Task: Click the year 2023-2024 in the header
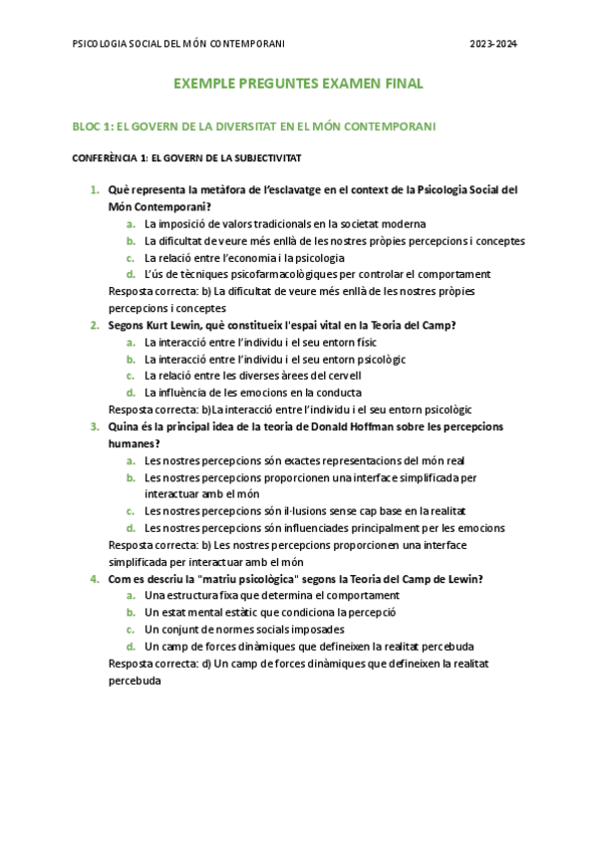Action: pos(493,44)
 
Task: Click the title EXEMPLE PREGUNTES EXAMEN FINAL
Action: pos(298,84)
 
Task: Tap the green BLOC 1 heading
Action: pos(253,127)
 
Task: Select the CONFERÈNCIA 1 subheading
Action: pos(187,157)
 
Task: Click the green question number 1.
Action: pos(94,189)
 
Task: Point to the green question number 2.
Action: pos(94,325)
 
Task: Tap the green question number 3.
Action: pos(94,426)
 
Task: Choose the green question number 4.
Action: pos(94,579)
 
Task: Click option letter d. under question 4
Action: pos(131,647)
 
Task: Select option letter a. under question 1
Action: pos(131,223)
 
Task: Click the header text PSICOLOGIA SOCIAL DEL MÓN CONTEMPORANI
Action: pos(179,44)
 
